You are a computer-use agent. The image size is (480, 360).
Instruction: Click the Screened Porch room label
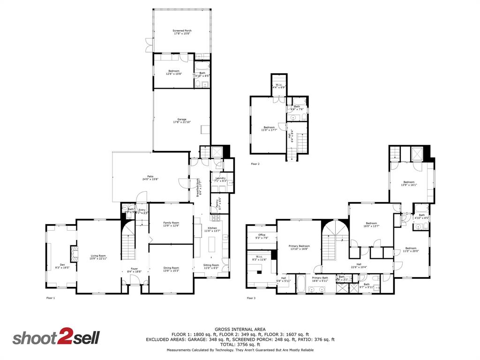[182, 32]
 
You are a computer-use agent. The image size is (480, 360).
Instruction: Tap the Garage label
[182, 120]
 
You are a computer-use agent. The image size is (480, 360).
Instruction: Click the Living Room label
[98, 257]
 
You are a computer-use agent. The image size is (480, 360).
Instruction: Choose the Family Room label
[171, 224]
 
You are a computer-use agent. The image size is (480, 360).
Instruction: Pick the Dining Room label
[171, 269]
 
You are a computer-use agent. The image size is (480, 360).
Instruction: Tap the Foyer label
[135, 270]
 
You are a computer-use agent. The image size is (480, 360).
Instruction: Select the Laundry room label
[220, 179]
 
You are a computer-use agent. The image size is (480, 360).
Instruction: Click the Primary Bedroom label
[299, 247]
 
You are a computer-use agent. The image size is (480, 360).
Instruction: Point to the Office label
[262, 236]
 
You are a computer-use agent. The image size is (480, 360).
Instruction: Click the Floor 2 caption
[255, 164]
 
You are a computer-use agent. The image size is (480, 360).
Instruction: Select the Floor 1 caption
[50, 298]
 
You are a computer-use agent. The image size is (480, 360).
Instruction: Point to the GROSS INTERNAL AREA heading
[240, 330]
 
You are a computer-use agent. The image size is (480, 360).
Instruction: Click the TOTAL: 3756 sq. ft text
[240, 345]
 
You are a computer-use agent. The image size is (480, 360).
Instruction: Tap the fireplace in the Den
[73, 254]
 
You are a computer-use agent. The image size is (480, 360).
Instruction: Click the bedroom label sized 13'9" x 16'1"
[409, 183]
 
